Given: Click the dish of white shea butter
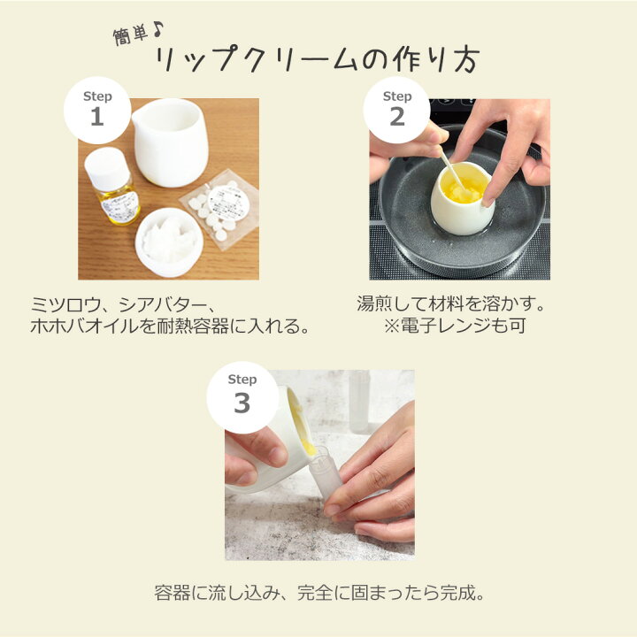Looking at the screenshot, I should (x=168, y=241).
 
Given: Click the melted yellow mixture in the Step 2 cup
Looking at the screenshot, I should (x=464, y=189).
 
